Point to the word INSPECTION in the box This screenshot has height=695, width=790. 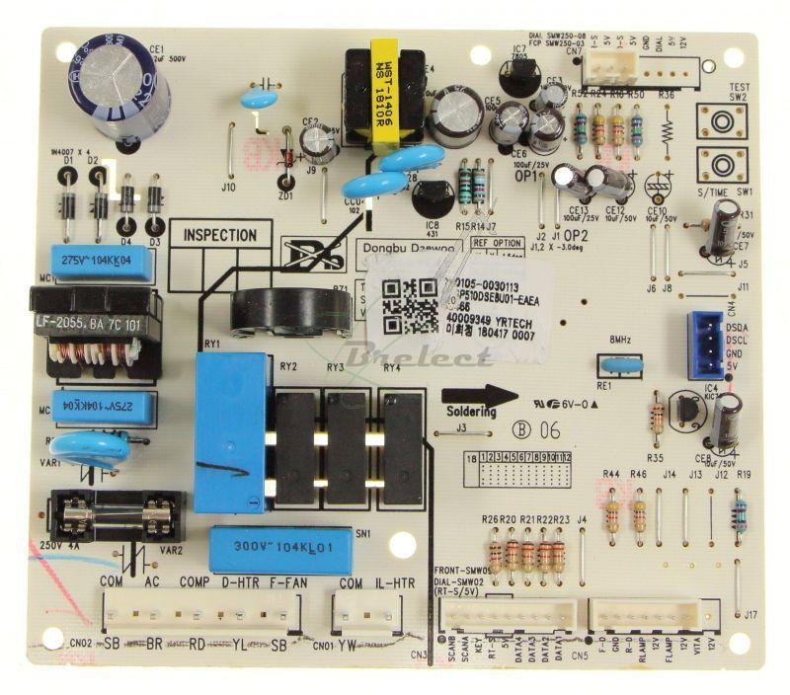pyautogui.click(x=220, y=236)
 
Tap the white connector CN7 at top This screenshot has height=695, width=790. pyautogui.click(x=604, y=66)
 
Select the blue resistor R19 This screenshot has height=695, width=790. pyautogui.click(x=740, y=514)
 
